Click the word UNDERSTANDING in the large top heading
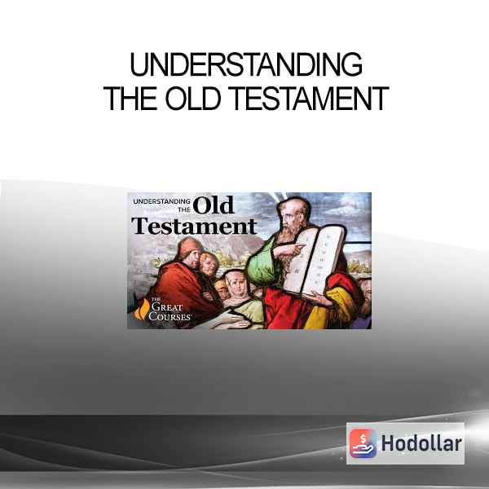[x=246, y=64]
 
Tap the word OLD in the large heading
[x=193, y=99]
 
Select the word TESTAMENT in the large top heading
[x=310, y=99]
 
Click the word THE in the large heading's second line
[x=130, y=99]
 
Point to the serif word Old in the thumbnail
[x=214, y=205]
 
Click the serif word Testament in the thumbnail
[x=194, y=226]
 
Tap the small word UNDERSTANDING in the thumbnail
[x=161, y=201]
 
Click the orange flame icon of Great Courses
[x=142, y=309]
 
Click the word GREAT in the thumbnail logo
[x=167, y=307]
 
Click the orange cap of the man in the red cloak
[x=189, y=246]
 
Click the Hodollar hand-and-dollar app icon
[x=363, y=443]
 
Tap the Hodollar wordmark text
[x=421, y=443]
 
